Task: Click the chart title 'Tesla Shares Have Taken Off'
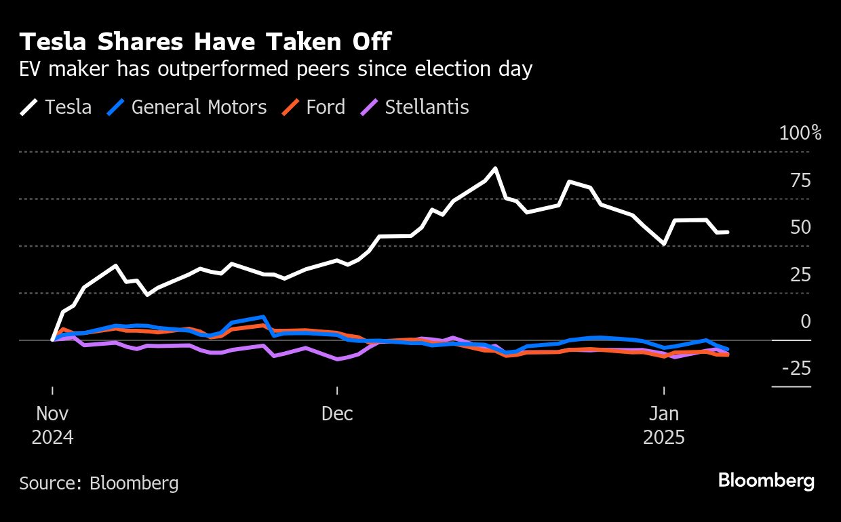point(206,43)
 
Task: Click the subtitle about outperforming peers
point(276,69)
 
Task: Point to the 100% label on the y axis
point(800,133)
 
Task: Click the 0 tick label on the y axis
point(805,321)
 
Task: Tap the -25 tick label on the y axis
point(796,369)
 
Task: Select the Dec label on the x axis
point(337,414)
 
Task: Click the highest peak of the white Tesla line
point(495,168)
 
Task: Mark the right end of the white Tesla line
point(727,232)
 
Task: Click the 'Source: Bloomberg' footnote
point(99,483)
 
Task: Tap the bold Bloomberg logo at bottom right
point(766,481)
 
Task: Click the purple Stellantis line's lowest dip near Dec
point(338,359)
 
